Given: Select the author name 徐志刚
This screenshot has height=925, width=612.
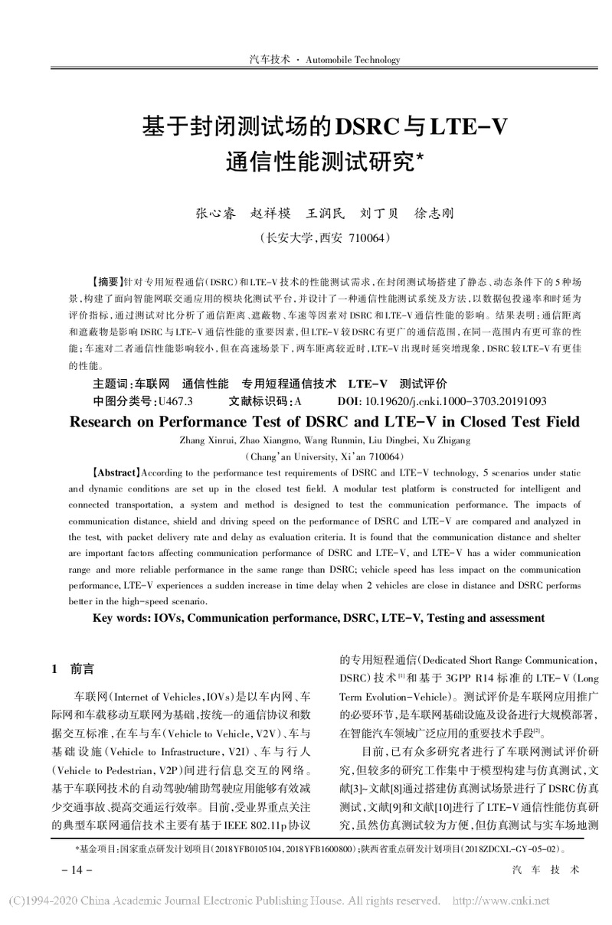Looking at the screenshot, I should click(x=434, y=213).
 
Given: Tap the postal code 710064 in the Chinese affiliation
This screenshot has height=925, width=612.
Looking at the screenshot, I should click(x=371, y=237).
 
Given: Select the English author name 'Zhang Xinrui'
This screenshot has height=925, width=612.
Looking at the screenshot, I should click(x=203, y=441).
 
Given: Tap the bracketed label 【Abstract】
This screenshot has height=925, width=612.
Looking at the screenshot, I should click(x=116, y=473).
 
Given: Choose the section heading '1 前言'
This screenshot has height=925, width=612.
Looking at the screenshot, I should click(x=73, y=669).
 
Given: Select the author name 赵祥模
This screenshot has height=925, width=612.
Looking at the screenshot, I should click(x=272, y=213).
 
